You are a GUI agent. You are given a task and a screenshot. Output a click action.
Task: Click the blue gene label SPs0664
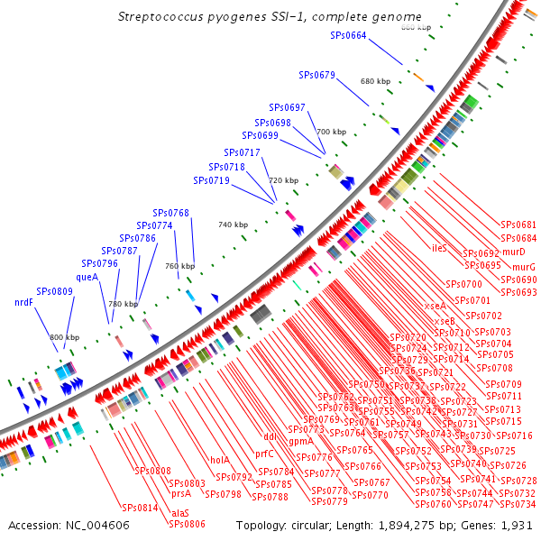click(x=348, y=36)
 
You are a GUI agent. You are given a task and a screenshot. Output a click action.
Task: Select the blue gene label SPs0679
click(x=316, y=75)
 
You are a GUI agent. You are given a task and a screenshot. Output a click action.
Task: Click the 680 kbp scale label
click(x=374, y=81)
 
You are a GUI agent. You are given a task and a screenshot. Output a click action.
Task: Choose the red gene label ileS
click(x=440, y=247)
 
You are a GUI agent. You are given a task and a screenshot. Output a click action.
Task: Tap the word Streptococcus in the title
click(x=161, y=17)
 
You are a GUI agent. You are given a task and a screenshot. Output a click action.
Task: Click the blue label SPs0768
click(x=170, y=213)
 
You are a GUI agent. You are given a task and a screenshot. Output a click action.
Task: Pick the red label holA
click(x=220, y=460)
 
